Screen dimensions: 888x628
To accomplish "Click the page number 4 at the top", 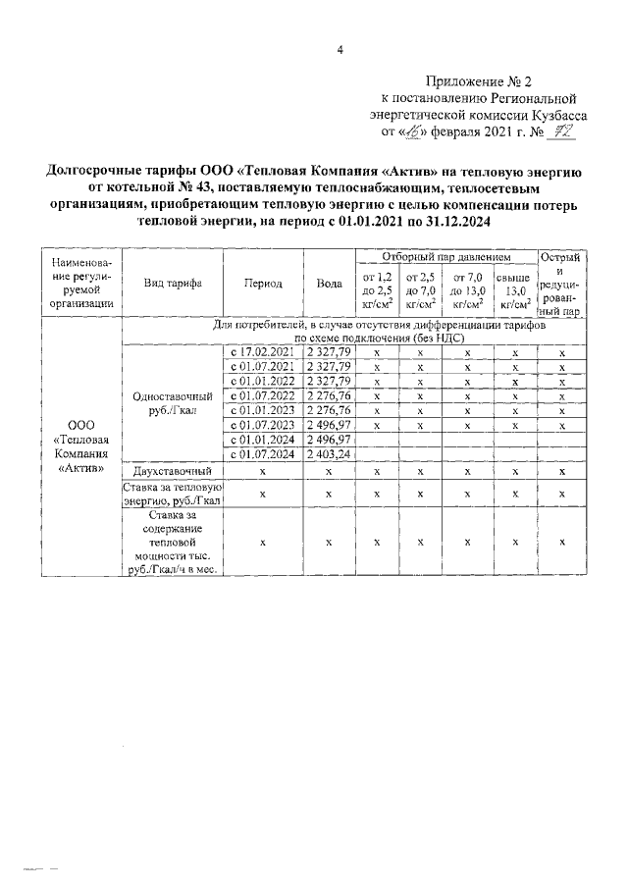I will point(339,51).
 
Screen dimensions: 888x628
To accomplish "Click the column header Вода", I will point(329,283).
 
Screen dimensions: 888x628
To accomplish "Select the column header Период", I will point(263,283).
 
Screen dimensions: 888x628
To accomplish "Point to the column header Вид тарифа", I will point(173,283).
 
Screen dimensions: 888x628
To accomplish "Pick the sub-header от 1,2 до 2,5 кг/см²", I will point(377,290).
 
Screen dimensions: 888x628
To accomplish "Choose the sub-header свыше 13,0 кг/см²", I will point(514,290).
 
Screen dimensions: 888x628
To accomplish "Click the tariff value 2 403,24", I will point(329,454).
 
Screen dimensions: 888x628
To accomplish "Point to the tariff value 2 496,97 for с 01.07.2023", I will point(329,425).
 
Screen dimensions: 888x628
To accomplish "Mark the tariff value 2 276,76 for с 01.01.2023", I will point(329,410).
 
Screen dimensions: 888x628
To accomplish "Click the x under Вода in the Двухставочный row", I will point(329,472).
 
